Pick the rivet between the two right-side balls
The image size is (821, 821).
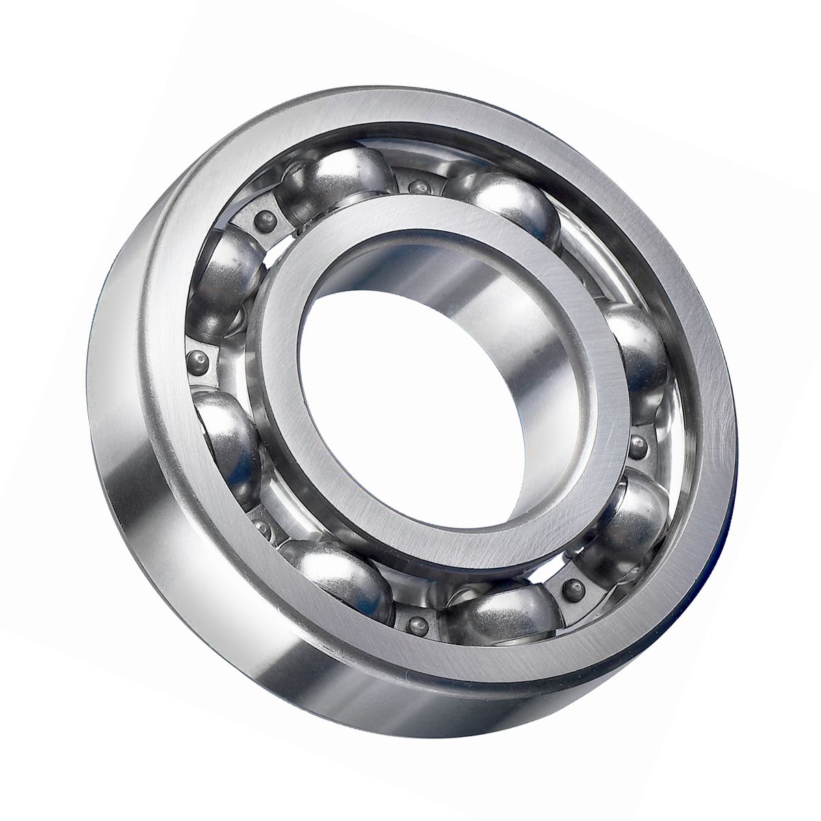point(640,445)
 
